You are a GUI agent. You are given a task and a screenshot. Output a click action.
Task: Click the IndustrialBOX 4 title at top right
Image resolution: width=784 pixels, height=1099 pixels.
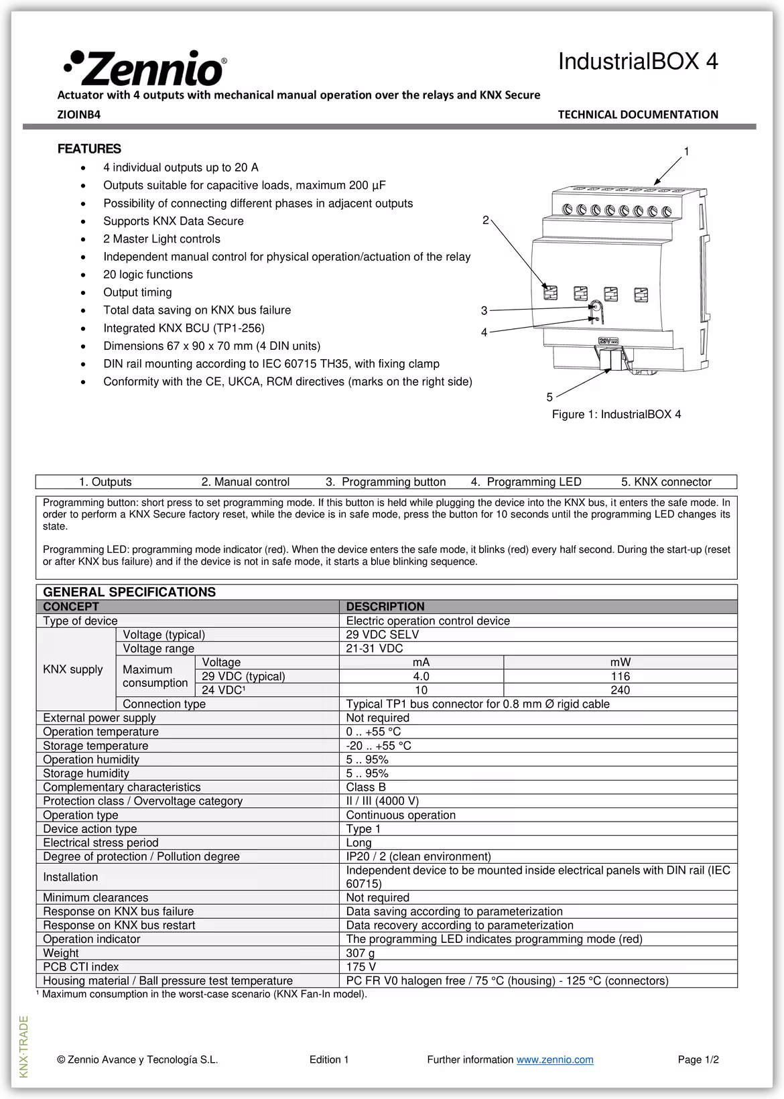[x=637, y=62]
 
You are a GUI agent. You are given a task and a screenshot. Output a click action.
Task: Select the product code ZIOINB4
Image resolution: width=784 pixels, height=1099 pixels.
[x=79, y=115]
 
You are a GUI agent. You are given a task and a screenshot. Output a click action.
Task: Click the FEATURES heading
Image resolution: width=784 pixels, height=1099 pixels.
[x=89, y=149]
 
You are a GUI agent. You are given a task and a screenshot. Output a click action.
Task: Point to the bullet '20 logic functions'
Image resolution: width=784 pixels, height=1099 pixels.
[x=147, y=275]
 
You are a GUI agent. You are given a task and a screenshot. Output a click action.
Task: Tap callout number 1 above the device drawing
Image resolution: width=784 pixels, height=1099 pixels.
[x=686, y=152]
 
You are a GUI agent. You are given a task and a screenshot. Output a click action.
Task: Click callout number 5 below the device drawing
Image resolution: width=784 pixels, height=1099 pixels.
[x=549, y=397]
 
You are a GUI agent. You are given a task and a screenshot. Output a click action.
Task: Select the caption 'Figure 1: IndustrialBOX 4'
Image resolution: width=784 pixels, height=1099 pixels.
[x=616, y=415]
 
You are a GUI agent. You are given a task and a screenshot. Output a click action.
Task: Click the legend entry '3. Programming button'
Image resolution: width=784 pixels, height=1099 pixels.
[x=385, y=482]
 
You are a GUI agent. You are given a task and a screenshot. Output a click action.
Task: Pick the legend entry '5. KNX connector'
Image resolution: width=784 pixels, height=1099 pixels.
[x=665, y=482]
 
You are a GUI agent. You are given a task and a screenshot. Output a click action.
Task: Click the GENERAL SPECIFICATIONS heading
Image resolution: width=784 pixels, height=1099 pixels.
[x=129, y=592]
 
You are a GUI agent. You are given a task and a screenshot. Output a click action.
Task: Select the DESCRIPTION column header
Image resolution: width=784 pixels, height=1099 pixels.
[x=385, y=607]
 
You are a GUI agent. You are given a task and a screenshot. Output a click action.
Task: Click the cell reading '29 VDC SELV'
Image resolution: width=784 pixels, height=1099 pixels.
[x=382, y=635]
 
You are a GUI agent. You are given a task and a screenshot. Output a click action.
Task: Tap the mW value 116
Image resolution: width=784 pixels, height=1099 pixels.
[x=620, y=677]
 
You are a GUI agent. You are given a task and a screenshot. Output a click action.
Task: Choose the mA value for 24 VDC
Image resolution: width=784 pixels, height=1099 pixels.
[x=421, y=690]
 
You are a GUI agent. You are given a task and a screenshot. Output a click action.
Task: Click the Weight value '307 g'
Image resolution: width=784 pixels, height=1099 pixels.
[x=361, y=953]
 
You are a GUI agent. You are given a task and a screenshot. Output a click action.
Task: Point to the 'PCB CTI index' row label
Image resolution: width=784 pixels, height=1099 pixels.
[x=81, y=967]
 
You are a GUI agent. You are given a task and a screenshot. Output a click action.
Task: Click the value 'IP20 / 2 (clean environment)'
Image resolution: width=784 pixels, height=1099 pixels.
[x=418, y=856]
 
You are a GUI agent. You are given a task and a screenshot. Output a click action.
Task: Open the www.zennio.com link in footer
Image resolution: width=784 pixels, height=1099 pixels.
[x=555, y=1059]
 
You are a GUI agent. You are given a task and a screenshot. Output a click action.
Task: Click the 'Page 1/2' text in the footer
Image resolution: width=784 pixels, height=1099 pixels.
[x=698, y=1059]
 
